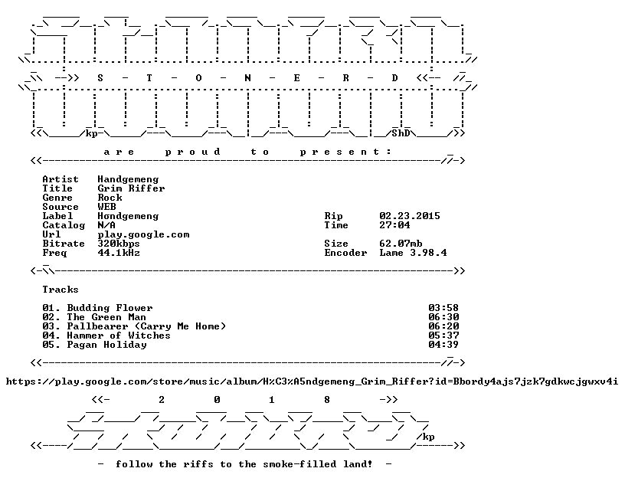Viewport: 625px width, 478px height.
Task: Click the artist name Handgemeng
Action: point(128,180)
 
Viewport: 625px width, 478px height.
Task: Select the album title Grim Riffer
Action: point(131,188)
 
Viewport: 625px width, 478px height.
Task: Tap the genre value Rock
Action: point(110,198)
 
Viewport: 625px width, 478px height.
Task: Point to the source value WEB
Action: point(106,207)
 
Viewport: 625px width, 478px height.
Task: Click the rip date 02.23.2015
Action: point(410,216)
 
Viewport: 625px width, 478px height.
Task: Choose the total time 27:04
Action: point(394,225)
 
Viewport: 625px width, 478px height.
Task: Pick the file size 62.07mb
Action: point(401,244)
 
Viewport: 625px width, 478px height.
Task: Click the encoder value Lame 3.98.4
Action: point(413,253)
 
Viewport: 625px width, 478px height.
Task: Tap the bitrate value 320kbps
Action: point(119,244)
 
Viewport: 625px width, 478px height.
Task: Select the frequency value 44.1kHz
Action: point(119,253)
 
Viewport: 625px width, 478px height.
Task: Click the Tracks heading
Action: point(61,290)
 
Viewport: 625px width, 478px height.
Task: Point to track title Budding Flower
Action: point(110,308)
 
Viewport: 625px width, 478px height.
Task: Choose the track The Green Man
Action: point(106,317)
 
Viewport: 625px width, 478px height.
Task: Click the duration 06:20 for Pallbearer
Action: point(443,326)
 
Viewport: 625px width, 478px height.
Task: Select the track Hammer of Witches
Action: point(119,336)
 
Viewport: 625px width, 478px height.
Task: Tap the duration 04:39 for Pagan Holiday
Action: point(443,345)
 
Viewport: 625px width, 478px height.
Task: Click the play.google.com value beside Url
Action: point(143,235)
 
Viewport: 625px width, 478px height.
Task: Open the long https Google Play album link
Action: point(312,382)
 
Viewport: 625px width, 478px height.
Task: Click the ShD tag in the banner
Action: point(401,133)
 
